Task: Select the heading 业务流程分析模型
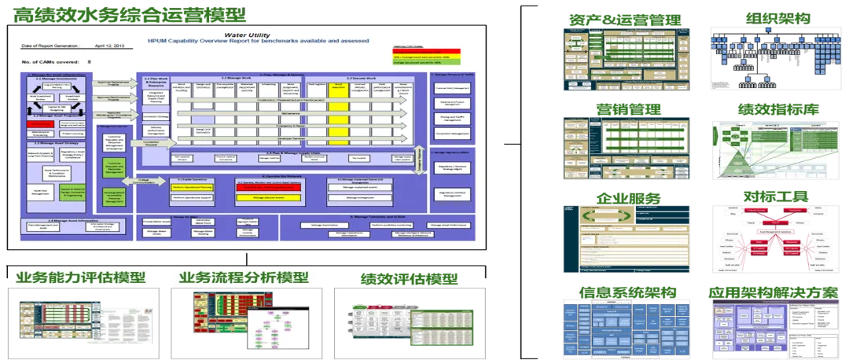[x=244, y=277]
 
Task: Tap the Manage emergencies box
[x=369, y=197]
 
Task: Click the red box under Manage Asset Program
[x=39, y=124]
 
